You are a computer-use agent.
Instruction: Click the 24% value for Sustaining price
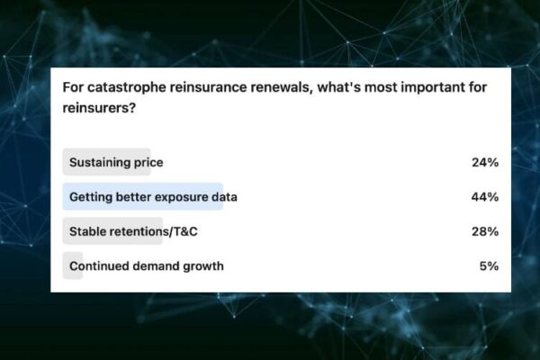point(485,162)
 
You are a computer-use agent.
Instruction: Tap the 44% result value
point(485,197)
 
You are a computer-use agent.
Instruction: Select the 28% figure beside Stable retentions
point(485,231)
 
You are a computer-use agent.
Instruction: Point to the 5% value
point(489,266)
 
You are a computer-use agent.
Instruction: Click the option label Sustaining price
point(116,163)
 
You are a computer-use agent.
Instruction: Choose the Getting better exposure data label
point(153,197)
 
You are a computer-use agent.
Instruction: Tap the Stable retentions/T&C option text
point(133,231)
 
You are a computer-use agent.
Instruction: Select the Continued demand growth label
point(147,266)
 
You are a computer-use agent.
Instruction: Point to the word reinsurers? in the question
point(99,108)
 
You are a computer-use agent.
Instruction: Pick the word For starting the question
point(73,87)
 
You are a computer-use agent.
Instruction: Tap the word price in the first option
point(148,163)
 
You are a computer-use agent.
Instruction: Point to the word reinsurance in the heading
point(209,87)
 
